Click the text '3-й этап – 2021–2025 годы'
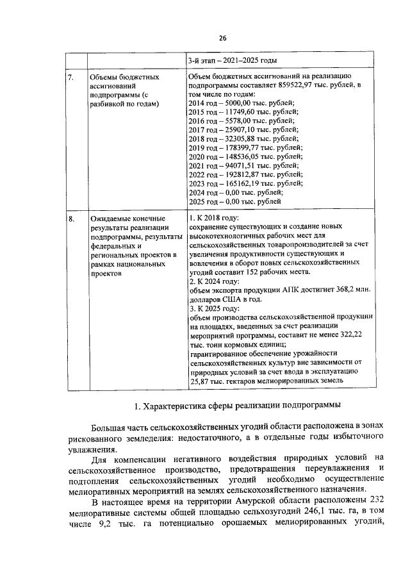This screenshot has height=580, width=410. click(232, 61)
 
